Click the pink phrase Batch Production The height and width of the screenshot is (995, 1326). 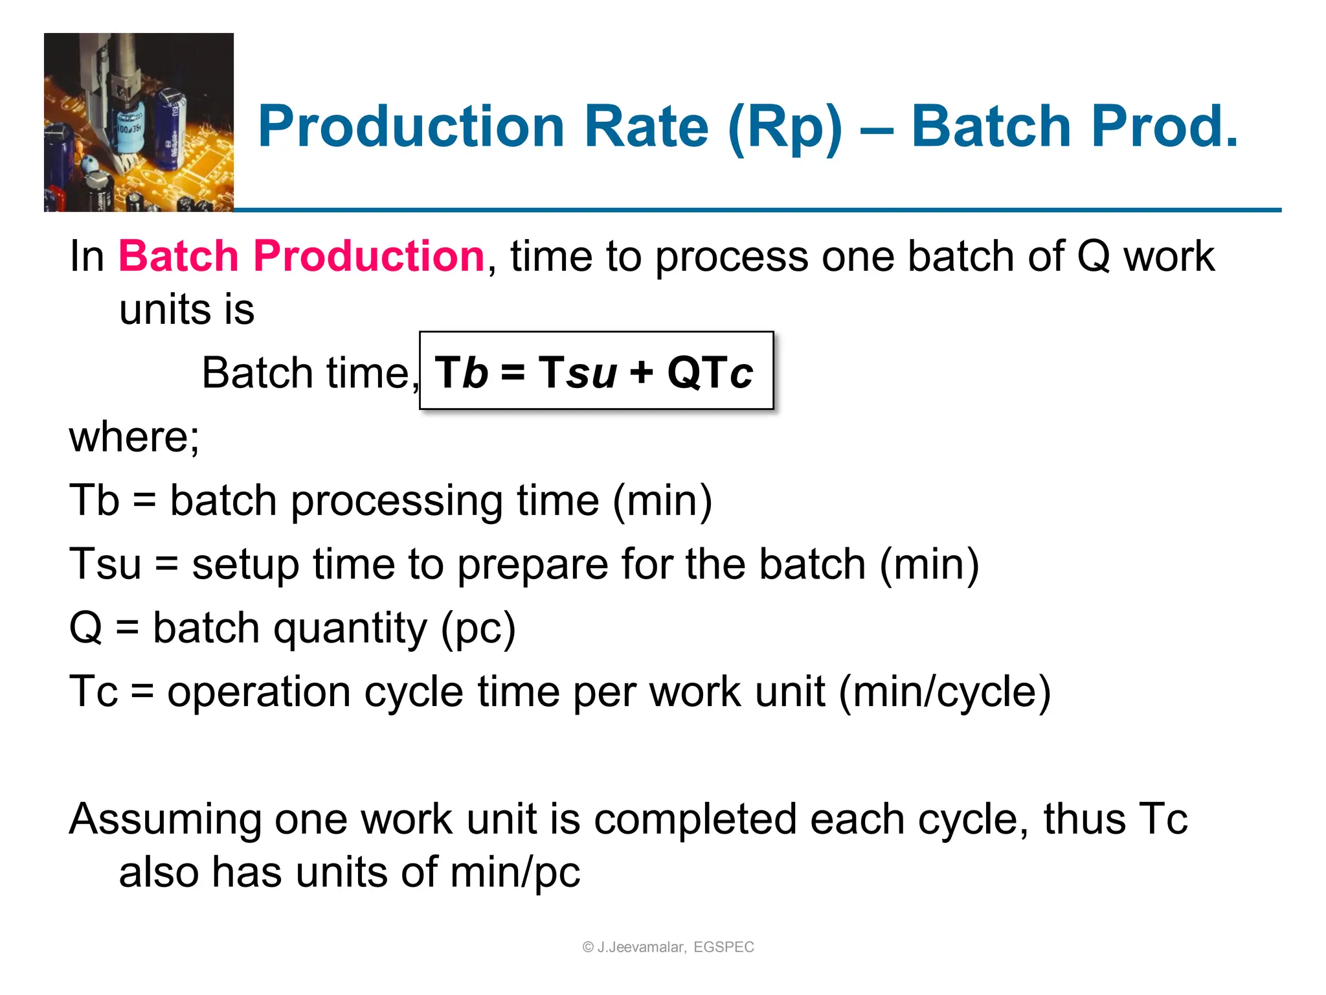[x=301, y=256]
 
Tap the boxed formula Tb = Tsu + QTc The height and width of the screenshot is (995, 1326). [x=596, y=372]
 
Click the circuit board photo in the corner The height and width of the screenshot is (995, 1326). [x=139, y=122]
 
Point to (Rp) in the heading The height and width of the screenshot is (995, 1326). [x=785, y=128]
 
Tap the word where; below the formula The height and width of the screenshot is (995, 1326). [x=134, y=437]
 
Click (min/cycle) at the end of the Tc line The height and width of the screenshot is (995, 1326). [x=945, y=692]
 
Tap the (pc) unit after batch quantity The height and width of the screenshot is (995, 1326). [x=478, y=628]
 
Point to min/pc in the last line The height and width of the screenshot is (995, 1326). [x=515, y=872]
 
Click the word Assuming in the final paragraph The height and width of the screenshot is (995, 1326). [x=164, y=819]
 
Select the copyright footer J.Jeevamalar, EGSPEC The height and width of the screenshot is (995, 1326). [x=668, y=947]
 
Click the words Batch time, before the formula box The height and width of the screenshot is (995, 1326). [x=309, y=373]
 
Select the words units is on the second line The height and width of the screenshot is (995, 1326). [x=186, y=310]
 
